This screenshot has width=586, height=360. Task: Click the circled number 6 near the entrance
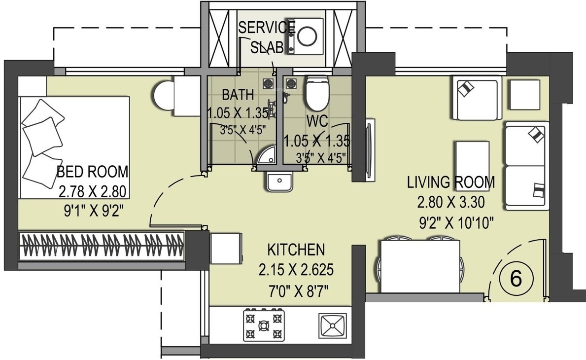[516, 279]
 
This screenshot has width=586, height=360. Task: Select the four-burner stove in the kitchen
[264, 324]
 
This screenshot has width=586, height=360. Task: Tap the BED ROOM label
[93, 172]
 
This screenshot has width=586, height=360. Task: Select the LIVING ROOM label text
[450, 182]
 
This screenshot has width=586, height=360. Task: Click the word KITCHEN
[296, 249]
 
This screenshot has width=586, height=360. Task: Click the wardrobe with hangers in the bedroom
[102, 245]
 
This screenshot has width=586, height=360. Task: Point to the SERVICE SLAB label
[267, 36]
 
